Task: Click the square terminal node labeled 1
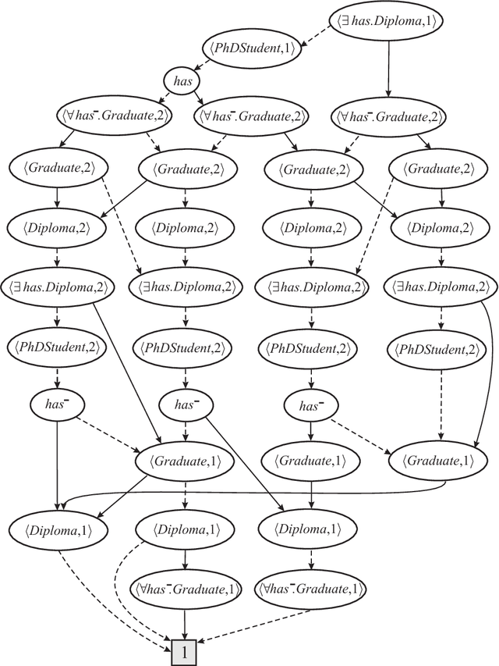(x=184, y=651)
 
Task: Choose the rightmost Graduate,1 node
(x=441, y=461)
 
